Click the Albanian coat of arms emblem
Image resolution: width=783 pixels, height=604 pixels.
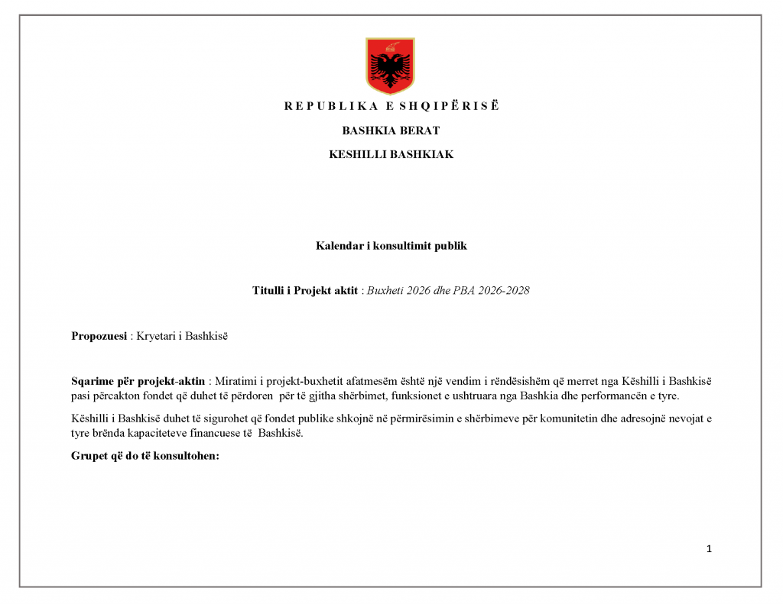point(391,64)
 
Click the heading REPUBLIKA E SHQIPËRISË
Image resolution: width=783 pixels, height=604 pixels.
point(391,106)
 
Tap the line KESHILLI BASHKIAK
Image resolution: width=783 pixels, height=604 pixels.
point(391,154)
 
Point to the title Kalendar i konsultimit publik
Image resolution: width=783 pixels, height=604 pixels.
point(391,246)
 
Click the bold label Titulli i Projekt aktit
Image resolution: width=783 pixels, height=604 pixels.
point(305,291)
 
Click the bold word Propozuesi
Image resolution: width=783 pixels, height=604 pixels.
point(99,336)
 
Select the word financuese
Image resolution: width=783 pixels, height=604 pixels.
point(217,434)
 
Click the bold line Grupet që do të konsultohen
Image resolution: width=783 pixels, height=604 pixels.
point(145,457)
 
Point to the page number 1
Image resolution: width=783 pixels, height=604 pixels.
point(710,548)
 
